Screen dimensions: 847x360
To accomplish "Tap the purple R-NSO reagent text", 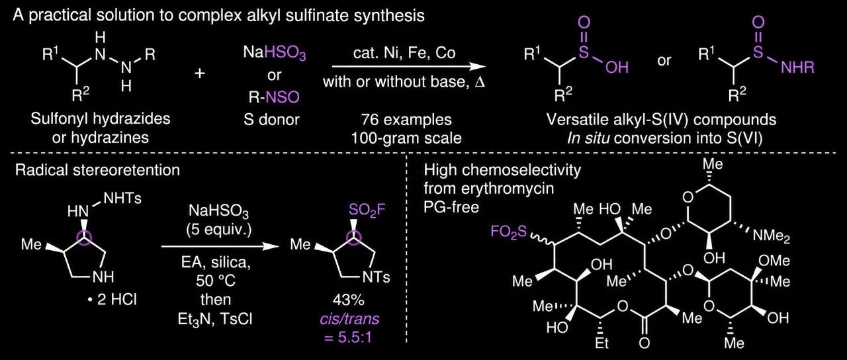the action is tap(274, 97).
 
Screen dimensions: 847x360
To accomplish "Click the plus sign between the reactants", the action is tap(200, 73).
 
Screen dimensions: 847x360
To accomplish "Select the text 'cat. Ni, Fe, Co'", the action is tap(404, 53).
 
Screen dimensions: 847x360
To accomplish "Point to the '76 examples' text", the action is tap(406, 120).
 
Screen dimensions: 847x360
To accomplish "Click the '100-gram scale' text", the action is tap(406, 138).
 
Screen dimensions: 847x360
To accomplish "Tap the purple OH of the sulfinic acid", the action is tap(617, 67).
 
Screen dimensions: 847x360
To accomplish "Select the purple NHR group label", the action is tap(798, 67).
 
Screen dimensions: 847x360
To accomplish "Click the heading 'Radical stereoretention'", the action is tap(97, 170).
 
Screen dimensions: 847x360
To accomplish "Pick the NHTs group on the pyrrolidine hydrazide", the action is tap(122, 198).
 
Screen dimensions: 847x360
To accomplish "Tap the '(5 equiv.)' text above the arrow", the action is tap(218, 230).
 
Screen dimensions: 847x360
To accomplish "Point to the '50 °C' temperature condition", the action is tap(216, 281).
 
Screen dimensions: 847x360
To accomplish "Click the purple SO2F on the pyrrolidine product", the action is tap(367, 210).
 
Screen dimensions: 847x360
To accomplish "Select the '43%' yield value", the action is tap(349, 300).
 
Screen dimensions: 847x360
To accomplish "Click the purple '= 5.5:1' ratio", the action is tap(348, 337).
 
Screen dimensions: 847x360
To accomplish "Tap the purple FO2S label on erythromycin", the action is tap(509, 232).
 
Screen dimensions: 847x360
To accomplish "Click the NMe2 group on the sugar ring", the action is tap(772, 236).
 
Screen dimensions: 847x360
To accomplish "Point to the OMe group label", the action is tap(774, 261).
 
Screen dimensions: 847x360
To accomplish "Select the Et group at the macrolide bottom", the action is tap(602, 343).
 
